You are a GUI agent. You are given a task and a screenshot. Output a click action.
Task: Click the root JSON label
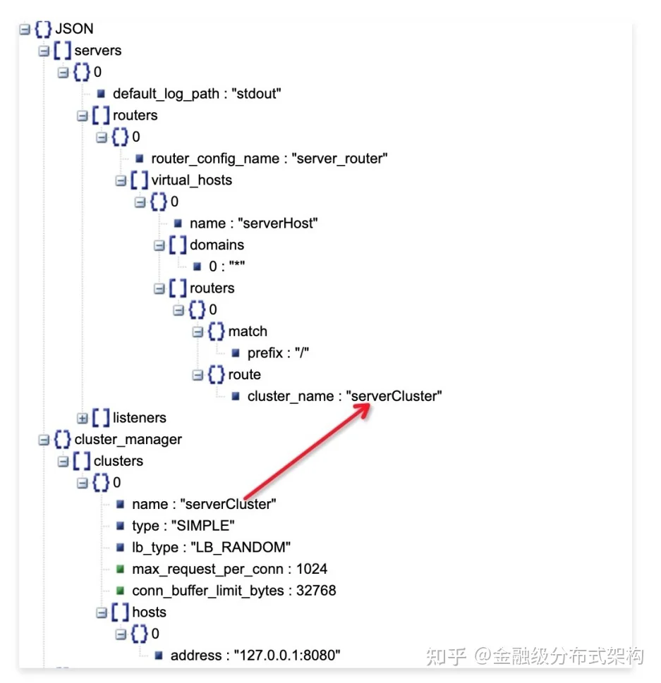74,29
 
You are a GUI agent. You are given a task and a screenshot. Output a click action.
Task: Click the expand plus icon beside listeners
82,418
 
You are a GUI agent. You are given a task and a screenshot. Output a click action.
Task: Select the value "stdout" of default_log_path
256,94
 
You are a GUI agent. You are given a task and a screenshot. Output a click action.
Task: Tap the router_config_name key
215,159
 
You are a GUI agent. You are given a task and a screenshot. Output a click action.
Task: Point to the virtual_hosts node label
191,180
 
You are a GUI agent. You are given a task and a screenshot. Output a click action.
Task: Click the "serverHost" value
278,223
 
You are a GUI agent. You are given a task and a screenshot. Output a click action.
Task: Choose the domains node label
217,245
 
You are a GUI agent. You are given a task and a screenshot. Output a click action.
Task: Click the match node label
247,331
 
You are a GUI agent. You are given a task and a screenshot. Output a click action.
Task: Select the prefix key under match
265,353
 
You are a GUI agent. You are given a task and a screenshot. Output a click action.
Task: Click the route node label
244,374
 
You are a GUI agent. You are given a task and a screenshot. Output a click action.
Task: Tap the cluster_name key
291,396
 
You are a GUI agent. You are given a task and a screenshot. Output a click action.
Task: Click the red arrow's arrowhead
363,409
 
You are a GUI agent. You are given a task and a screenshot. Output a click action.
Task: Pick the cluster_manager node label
128,440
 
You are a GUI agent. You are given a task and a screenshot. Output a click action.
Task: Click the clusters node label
118,461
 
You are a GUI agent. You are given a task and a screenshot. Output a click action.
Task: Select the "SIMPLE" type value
202,526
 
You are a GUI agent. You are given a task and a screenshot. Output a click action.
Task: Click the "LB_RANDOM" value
241,548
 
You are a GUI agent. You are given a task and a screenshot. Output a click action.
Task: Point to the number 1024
311,569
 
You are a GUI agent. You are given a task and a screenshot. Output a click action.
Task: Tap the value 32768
316,591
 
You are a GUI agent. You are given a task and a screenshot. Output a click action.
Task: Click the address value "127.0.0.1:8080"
287,656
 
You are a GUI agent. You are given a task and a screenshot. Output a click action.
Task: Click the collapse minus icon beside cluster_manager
44,440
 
